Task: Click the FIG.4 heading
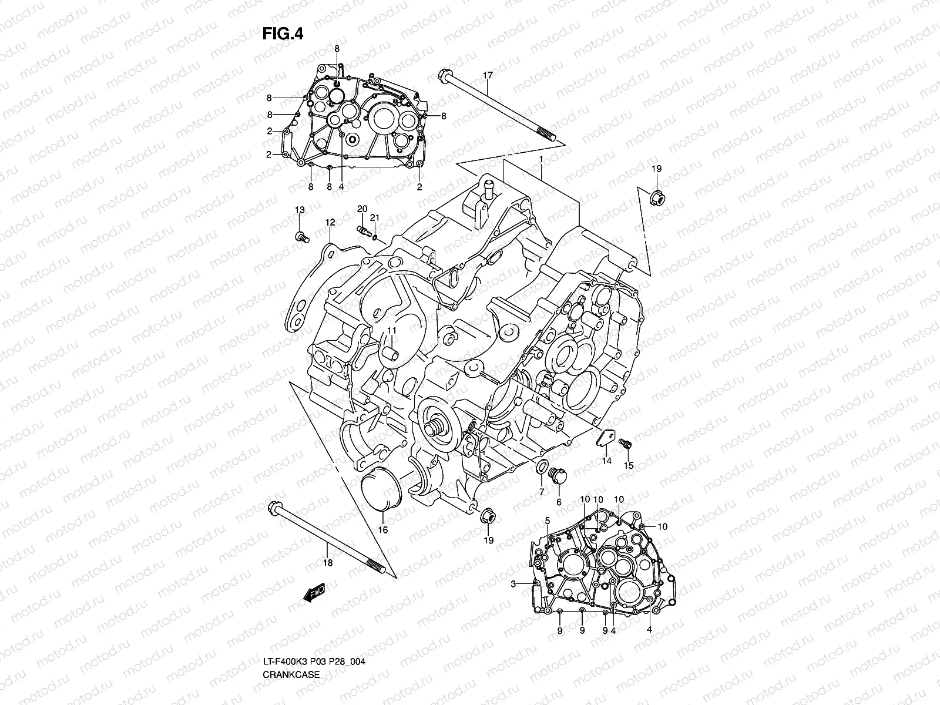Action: (283, 34)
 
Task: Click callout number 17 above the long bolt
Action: (488, 75)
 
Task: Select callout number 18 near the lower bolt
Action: (328, 563)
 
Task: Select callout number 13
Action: (300, 210)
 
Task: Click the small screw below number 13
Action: (301, 237)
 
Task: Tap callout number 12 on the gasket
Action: (330, 222)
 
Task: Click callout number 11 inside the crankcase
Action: (391, 331)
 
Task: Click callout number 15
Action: (629, 465)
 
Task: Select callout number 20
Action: (362, 209)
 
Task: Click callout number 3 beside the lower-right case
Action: (513, 584)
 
